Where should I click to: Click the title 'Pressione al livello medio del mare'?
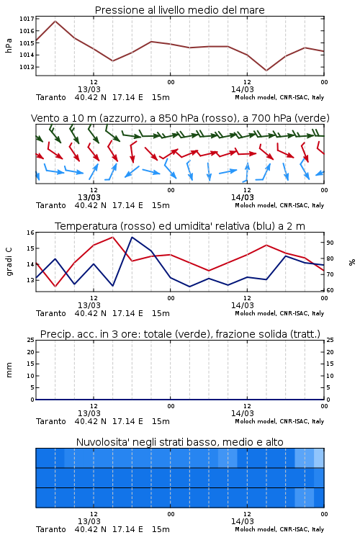[179, 10]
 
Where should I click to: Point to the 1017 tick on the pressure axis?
[27, 19]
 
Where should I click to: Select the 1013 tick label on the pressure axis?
[27, 67]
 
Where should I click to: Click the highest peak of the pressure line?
[55, 21]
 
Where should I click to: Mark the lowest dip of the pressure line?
[266, 71]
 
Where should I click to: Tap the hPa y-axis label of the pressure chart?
[9, 45]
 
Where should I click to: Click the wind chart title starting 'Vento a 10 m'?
[180, 118]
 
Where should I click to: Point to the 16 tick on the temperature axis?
[31, 233]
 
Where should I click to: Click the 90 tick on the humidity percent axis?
[330, 243]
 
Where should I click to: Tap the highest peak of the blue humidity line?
[132, 237]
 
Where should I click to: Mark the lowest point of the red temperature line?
[55, 287]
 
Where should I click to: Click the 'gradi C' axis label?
[9, 262]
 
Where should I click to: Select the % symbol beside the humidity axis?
[352, 262]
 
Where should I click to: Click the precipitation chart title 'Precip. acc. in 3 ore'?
[180, 334]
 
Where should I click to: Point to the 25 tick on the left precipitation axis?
[31, 340]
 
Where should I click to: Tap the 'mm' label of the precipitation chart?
[9, 370]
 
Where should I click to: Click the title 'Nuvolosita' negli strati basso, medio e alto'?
[180, 442]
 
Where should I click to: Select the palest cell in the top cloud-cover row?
[319, 458]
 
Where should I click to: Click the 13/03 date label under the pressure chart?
[89, 89]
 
